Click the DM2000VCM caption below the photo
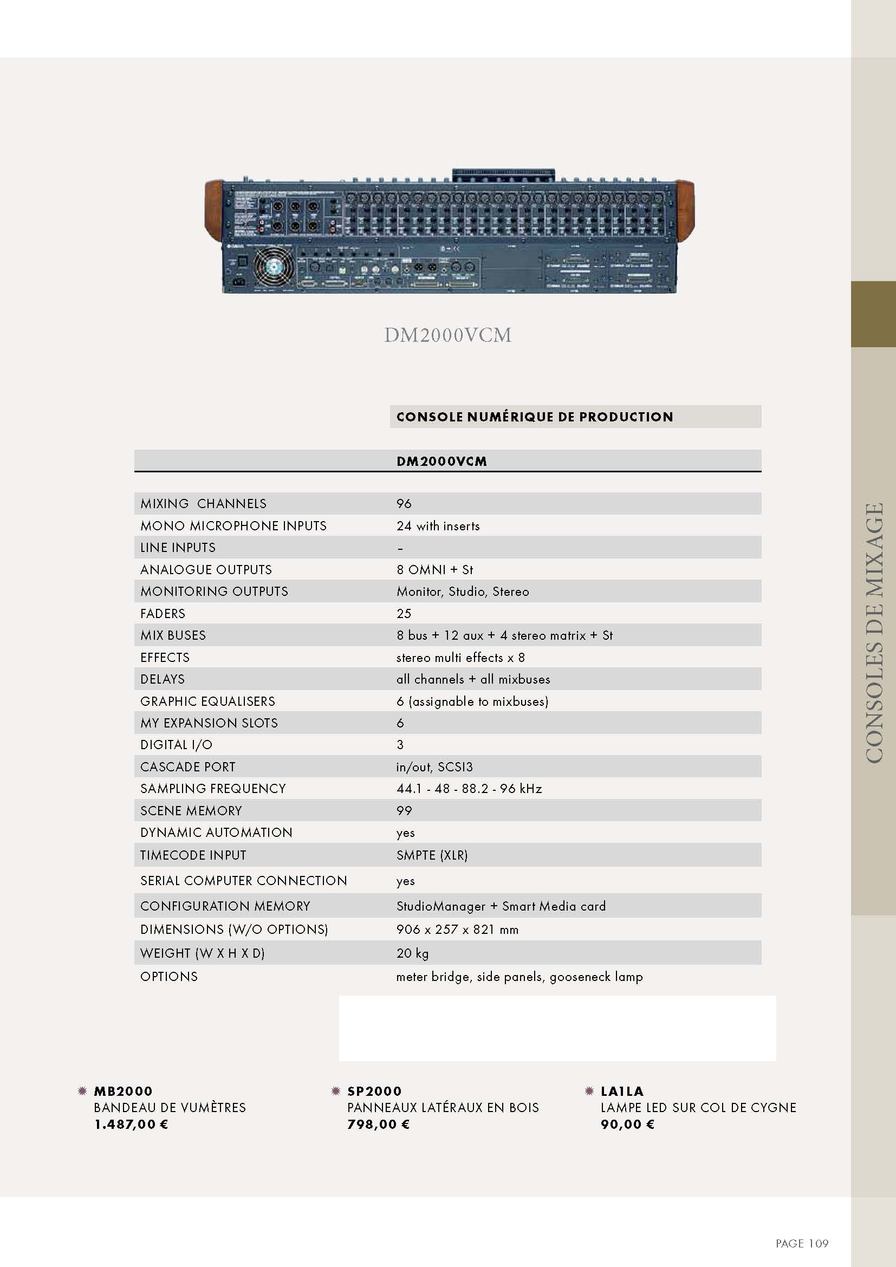447,335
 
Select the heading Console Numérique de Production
535,417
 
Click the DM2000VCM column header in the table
441,462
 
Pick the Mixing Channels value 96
404,503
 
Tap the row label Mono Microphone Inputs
233,525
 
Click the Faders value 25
404,613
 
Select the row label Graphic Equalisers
207,701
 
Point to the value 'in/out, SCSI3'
434,766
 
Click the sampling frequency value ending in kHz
469,789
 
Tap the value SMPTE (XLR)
432,855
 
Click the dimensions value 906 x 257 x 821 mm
457,930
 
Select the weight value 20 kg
412,953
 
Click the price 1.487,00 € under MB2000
131,1125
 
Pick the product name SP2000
374,1091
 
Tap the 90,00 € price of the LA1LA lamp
627,1125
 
